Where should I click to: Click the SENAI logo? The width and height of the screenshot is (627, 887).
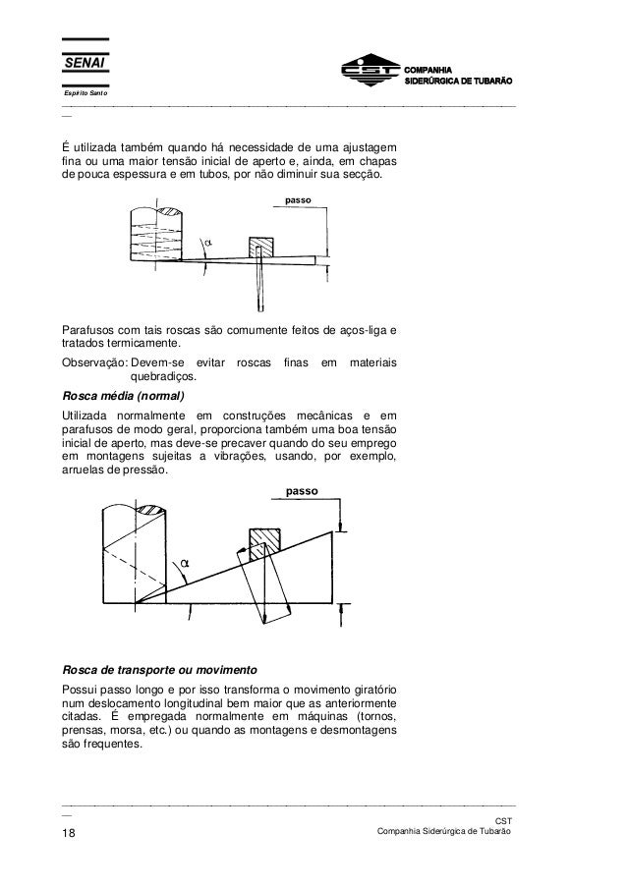(x=85, y=64)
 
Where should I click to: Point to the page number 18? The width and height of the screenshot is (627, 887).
(x=70, y=834)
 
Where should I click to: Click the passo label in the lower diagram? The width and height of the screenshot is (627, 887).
(x=305, y=488)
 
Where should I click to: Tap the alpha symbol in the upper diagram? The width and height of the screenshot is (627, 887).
(x=207, y=245)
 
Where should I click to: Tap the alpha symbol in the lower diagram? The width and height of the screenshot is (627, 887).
(x=183, y=563)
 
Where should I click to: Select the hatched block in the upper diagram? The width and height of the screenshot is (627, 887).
(x=261, y=246)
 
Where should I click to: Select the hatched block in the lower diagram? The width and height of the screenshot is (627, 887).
(x=264, y=539)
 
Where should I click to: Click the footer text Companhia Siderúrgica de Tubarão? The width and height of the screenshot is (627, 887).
(x=437, y=833)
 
